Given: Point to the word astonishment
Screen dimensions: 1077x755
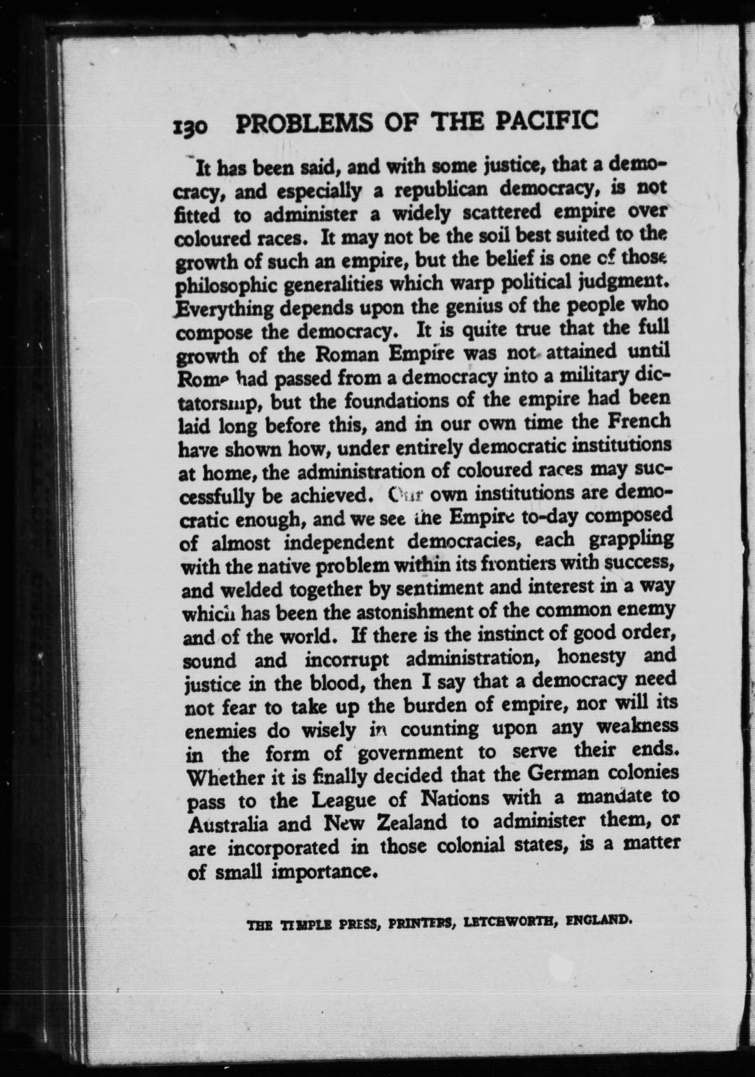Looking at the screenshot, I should click(x=404, y=612).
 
